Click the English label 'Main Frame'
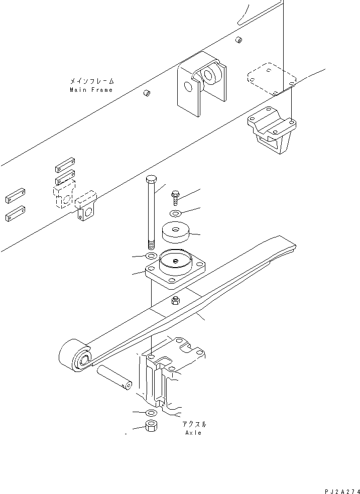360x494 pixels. tap(91, 90)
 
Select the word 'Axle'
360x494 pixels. tap(193, 433)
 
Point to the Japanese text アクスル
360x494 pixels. tap(193, 424)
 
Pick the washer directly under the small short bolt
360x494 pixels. tap(176, 214)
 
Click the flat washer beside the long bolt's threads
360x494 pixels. tap(151, 257)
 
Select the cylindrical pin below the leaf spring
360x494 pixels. tap(115, 378)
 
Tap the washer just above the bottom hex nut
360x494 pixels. tap(151, 412)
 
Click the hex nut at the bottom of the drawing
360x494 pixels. tap(151, 427)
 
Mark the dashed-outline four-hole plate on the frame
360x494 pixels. tap(271, 78)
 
